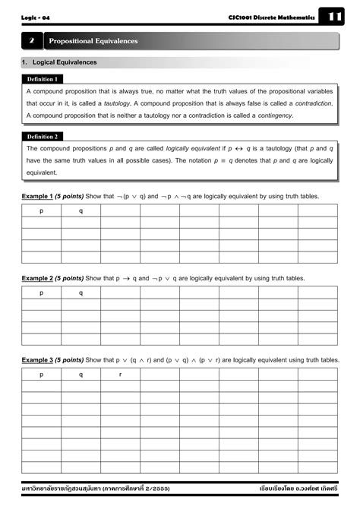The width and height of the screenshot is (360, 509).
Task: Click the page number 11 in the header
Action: click(336, 17)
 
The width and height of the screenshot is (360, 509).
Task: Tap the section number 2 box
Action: click(32, 41)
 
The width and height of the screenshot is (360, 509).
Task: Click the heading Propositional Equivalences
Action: click(93, 41)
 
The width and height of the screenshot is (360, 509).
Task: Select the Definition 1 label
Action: click(43, 79)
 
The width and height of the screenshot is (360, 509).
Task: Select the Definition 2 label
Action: click(43, 137)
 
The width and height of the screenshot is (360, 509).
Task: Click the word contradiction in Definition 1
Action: click(314, 103)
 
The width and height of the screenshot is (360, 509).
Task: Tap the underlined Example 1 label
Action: click(37, 196)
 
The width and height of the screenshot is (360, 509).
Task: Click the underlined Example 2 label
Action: click(37, 278)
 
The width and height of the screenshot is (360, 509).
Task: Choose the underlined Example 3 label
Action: click(37, 360)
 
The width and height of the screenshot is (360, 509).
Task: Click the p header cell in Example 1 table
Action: click(41, 211)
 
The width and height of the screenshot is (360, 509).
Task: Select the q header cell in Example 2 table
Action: click(81, 293)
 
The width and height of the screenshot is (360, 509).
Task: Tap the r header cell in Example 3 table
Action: click(120, 375)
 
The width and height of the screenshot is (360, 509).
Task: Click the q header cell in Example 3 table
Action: click(81, 375)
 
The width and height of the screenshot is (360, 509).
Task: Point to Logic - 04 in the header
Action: click(35, 17)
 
